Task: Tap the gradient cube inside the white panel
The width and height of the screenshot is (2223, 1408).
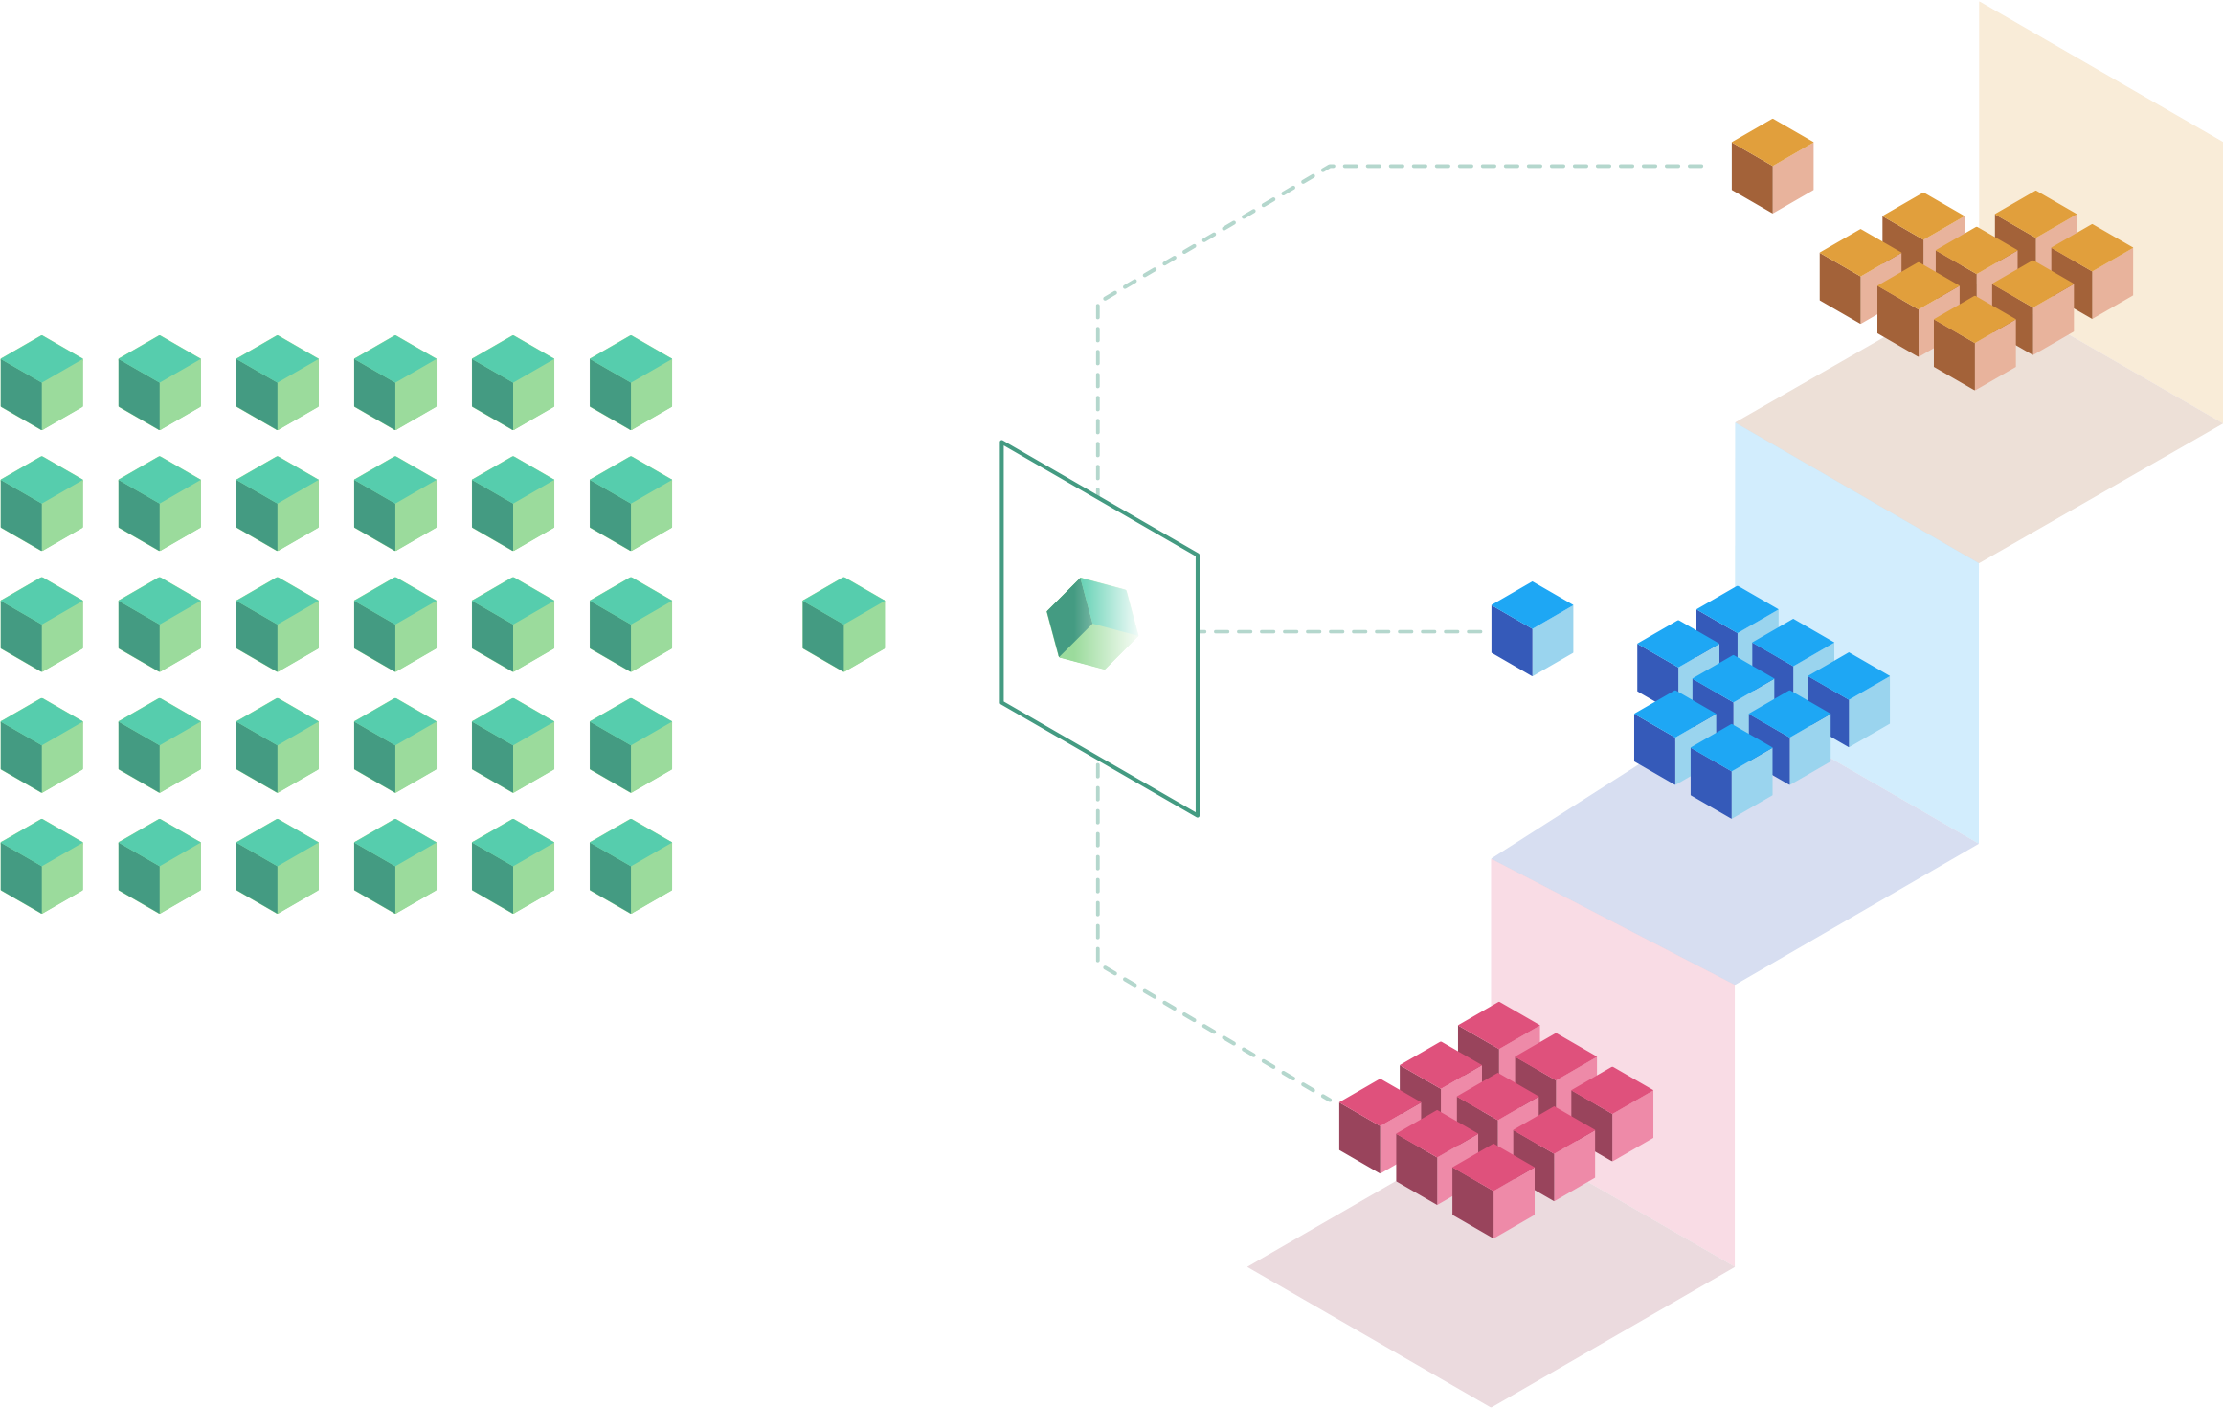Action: (x=1092, y=624)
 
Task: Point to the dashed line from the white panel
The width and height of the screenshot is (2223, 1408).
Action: (x=1340, y=631)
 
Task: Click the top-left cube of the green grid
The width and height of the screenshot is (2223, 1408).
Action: (x=40, y=382)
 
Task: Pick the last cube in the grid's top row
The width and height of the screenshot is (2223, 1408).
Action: (x=629, y=382)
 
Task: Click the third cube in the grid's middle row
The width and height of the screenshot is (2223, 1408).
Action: (x=276, y=624)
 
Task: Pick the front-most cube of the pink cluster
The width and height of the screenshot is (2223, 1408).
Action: (x=1493, y=1192)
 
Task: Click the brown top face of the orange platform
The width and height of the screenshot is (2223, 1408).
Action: (x=1982, y=450)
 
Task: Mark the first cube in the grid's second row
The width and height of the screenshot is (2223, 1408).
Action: (x=40, y=503)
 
